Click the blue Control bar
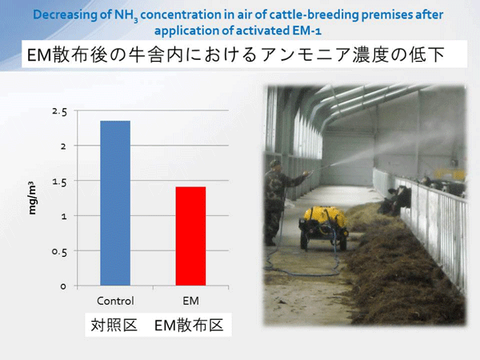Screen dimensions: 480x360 [x=115, y=203]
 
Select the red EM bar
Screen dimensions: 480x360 [x=190, y=236]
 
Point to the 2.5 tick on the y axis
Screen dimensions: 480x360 [x=59, y=112]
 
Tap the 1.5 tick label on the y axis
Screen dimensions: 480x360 [x=59, y=182]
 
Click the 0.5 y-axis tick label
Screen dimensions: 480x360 [x=59, y=252]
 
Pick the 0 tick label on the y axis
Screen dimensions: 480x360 [x=63, y=286]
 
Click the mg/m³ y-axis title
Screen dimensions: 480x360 [x=32, y=198]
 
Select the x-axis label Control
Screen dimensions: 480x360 [x=115, y=301]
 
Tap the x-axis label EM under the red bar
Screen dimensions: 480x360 [x=190, y=301]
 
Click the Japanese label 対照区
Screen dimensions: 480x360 [x=114, y=325]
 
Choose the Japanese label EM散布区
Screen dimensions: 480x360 [x=189, y=325]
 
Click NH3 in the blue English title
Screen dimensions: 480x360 [x=126, y=15]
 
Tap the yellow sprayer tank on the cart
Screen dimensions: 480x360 [x=325, y=217]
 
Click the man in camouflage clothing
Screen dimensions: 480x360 [x=279, y=202]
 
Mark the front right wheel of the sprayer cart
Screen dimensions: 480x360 [x=343, y=242]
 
